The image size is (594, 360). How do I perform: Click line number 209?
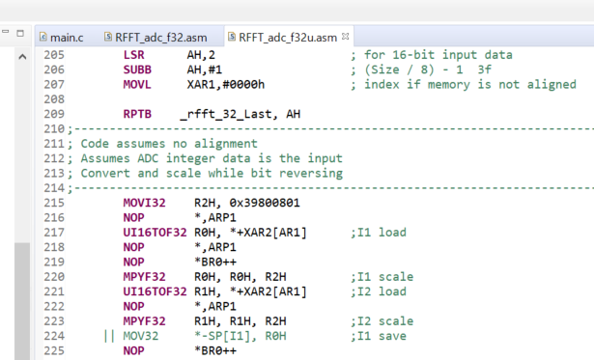pos(54,113)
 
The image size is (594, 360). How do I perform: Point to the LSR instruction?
pos(134,54)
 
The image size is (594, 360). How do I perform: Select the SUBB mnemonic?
pos(138,69)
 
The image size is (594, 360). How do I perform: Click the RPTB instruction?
pos(138,113)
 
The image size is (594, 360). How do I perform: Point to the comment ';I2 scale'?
pos(382,320)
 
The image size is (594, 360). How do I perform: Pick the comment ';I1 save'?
pos(379,335)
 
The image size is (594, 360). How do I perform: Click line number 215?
pos(54,203)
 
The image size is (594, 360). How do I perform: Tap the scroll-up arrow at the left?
pos(21,56)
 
